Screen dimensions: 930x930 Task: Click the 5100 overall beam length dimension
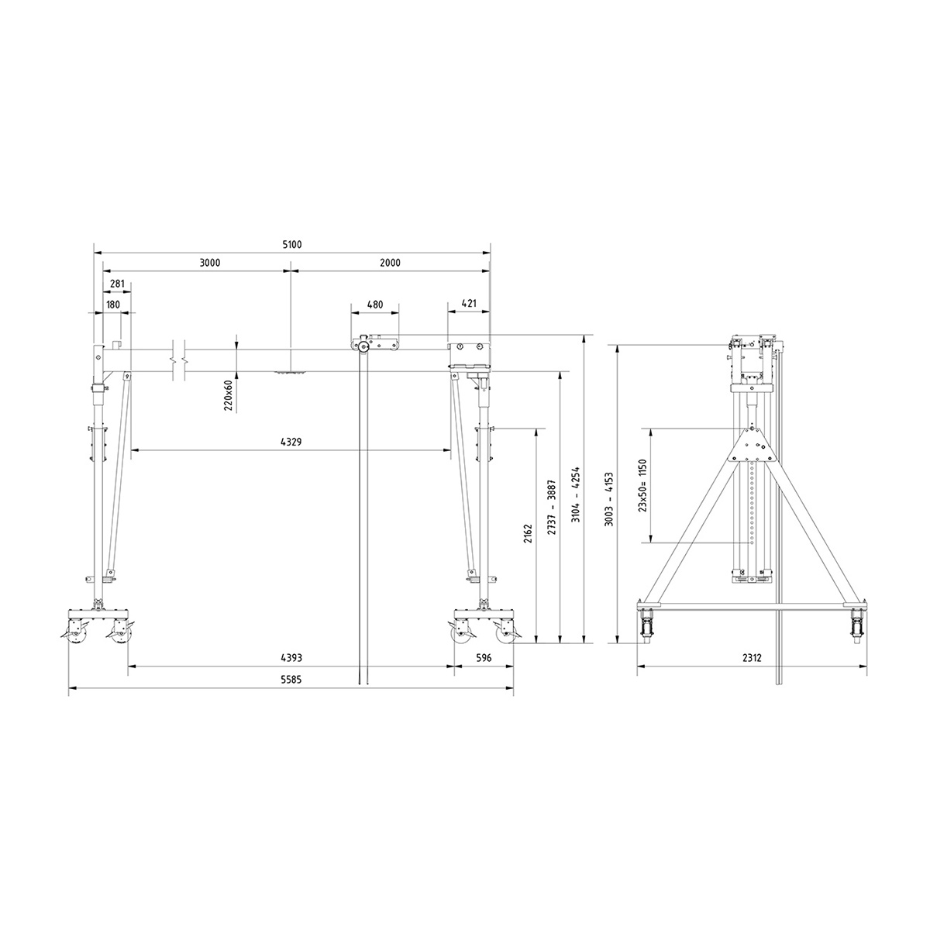pos(291,244)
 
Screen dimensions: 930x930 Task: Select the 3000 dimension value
pos(210,263)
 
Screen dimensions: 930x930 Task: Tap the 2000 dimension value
pos(390,263)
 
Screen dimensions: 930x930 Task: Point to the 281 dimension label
pos(117,284)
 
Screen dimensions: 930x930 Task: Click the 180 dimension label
pos(112,305)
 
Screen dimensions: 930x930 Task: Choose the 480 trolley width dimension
pos(374,305)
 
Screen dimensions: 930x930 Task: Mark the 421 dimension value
pos(468,305)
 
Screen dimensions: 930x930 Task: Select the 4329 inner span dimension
pos(291,442)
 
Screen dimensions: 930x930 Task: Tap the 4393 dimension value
pos(291,658)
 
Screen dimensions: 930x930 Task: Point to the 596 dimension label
pos(484,658)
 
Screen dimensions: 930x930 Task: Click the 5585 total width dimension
pos(291,680)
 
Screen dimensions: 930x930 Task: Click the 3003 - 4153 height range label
pos(609,500)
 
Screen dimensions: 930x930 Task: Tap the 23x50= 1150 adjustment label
pos(642,485)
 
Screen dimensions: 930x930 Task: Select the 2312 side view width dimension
pos(752,658)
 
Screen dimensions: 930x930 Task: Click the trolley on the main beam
pos(375,343)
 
